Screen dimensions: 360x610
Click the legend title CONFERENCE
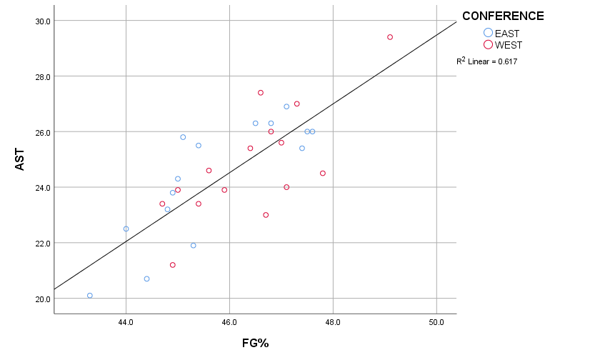point(502,16)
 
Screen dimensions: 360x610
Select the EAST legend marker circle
point(489,32)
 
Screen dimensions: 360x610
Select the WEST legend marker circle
point(489,44)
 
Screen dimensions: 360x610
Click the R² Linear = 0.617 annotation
point(487,61)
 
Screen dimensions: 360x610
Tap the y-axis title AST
point(20,159)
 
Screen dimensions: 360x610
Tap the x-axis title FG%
point(254,343)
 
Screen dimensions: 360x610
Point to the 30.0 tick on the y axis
point(42,21)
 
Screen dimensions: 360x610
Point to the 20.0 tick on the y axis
point(42,299)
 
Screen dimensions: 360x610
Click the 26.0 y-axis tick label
point(42,132)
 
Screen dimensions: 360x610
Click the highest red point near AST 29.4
point(390,37)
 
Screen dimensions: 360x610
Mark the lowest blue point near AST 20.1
point(90,295)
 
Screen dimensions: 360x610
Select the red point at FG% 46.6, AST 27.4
point(261,93)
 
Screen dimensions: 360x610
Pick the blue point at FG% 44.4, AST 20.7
point(147,279)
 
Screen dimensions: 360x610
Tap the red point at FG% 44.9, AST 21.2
point(173,265)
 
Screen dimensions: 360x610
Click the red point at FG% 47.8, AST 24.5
point(323,173)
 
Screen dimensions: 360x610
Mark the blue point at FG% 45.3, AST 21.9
point(194,245)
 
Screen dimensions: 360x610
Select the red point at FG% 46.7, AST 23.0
point(266,215)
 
